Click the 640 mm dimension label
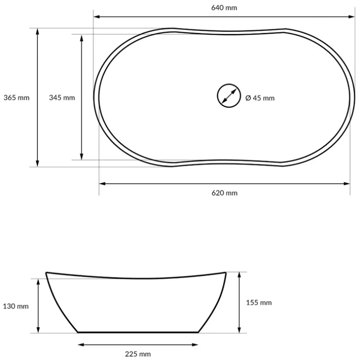point(224,8)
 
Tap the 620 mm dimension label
point(224,193)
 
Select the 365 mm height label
point(16,98)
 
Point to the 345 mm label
point(62,98)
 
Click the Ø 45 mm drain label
point(260,98)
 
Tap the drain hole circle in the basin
point(229,84)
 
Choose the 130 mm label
point(15,306)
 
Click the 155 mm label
point(259,302)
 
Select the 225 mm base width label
point(138,354)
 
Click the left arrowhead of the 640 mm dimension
point(96,16)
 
